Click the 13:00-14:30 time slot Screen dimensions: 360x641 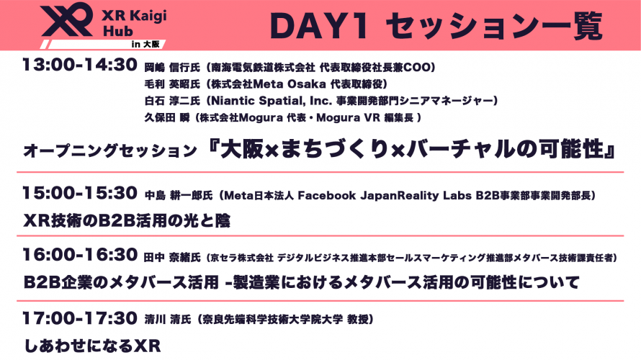coord(79,66)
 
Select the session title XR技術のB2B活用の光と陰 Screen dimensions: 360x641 coord(127,220)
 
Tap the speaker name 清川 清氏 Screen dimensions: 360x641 coord(168,318)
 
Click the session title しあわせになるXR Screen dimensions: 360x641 coord(91,345)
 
